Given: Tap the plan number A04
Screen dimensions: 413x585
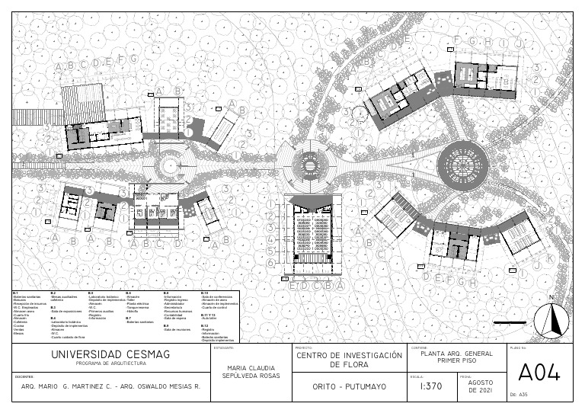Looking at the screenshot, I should pyautogui.click(x=539, y=373).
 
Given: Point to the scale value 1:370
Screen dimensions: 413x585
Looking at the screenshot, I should pyautogui.click(x=431, y=387).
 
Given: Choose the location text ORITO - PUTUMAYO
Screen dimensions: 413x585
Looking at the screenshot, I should pyautogui.click(x=349, y=387).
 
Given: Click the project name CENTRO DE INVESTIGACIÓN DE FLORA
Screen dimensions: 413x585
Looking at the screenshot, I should pyautogui.click(x=349, y=360).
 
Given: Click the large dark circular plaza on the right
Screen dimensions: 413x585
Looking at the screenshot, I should pyautogui.click(x=462, y=162).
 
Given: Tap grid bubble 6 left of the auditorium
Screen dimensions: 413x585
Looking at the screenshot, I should pyautogui.click(x=270, y=262).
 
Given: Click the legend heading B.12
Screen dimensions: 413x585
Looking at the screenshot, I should pyautogui.click(x=204, y=324).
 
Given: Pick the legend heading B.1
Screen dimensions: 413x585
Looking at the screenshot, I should pyautogui.click(x=16, y=293).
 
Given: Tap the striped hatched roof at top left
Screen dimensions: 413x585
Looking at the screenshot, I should pyautogui.click(x=82, y=101).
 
